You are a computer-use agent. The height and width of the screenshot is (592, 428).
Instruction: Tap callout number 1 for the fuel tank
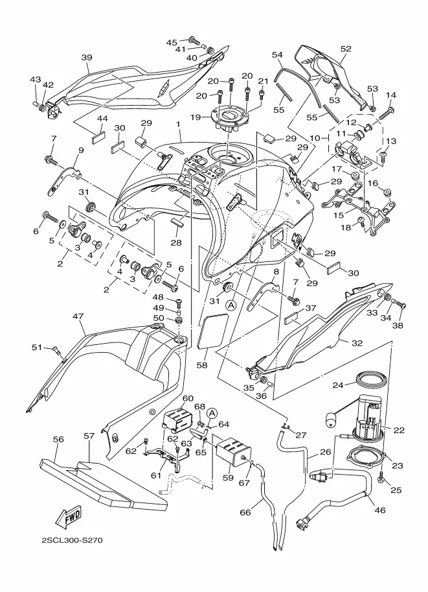pyautogui.click(x=177, y=124)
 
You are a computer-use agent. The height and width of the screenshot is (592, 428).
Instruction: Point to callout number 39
pyautogui.click(x=87, y=57)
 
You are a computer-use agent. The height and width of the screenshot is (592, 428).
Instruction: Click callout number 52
pyautogui.click(x=345, y=49)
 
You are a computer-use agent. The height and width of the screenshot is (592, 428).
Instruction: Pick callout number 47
pyautogui.click(x=79, y=316)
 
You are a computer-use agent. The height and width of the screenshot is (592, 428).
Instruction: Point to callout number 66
pyautogui.click(x=245, y=512)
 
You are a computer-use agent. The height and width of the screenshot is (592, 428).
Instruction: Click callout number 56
pyautogui.click(x=58, y=439)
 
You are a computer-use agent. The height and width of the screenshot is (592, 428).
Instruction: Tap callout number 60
pyautogui.click(x=188, y=398)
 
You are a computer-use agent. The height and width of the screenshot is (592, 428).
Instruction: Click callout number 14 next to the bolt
pyautogui.click(x=390, y=95)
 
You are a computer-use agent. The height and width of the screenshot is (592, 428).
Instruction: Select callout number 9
pyautogui.click(x=81, y=150)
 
